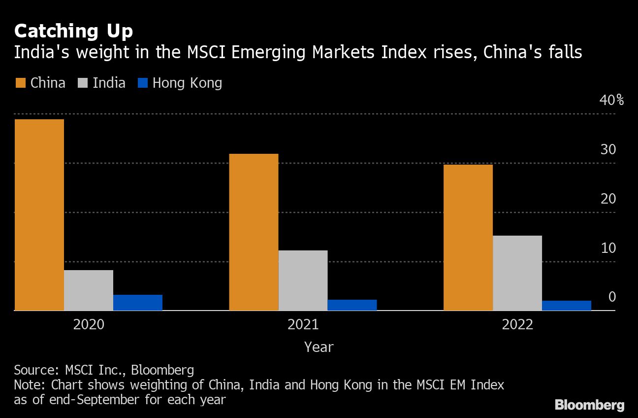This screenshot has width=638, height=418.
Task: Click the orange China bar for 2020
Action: pos(39,215)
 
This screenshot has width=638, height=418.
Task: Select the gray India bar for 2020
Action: pos(89,290)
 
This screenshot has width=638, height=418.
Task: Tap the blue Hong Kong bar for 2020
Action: pos(138,303)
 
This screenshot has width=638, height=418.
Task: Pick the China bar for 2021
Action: pos(254,232)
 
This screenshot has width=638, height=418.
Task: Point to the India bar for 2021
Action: pos(303,280)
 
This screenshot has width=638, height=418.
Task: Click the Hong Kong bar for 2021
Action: pos(352,305)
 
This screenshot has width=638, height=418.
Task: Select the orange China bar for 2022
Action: pos(468,238)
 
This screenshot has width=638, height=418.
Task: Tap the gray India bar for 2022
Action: pos(517,273)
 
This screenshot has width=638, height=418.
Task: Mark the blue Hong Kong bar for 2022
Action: pos(567,306)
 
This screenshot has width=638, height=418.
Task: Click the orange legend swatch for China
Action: pos(20,83)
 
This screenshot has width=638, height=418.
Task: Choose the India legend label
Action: pos(109,83)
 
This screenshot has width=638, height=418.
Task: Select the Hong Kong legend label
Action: pos(187,83)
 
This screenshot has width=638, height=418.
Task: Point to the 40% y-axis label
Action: pos(612,101)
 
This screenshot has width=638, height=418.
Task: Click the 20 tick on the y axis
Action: pos(608,199)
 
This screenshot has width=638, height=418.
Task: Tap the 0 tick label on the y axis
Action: pos(612,297)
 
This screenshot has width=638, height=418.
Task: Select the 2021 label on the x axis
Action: pos(303,325)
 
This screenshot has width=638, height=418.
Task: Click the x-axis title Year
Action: pos(319,347)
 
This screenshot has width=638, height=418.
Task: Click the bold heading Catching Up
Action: pos(73,32)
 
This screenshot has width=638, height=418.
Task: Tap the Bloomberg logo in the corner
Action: pos(589,405)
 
